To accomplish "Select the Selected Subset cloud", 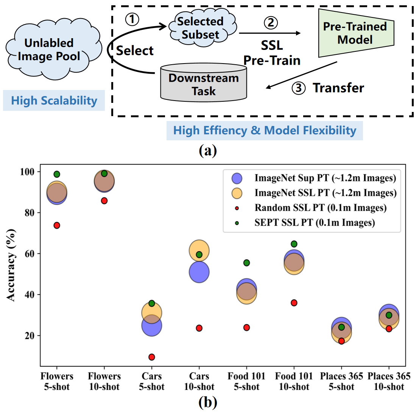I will point(201,28).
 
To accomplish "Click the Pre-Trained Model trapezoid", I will point(355,33).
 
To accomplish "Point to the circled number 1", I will point(132,19).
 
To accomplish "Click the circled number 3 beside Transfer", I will point(298,88).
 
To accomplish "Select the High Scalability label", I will point(54,101).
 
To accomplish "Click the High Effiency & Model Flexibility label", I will point(265,130).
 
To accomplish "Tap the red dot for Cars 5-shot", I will point(152,357).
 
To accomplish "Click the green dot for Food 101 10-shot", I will point(294,244).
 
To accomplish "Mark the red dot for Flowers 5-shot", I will point(57,225).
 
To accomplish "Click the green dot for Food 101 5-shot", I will point(247,263).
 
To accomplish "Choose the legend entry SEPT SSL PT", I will point(314,223).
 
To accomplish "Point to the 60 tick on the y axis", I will point(30,254).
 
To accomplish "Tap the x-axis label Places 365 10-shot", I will point(389,381).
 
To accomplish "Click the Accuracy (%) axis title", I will point(11,265).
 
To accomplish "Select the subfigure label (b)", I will point(208,402).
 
